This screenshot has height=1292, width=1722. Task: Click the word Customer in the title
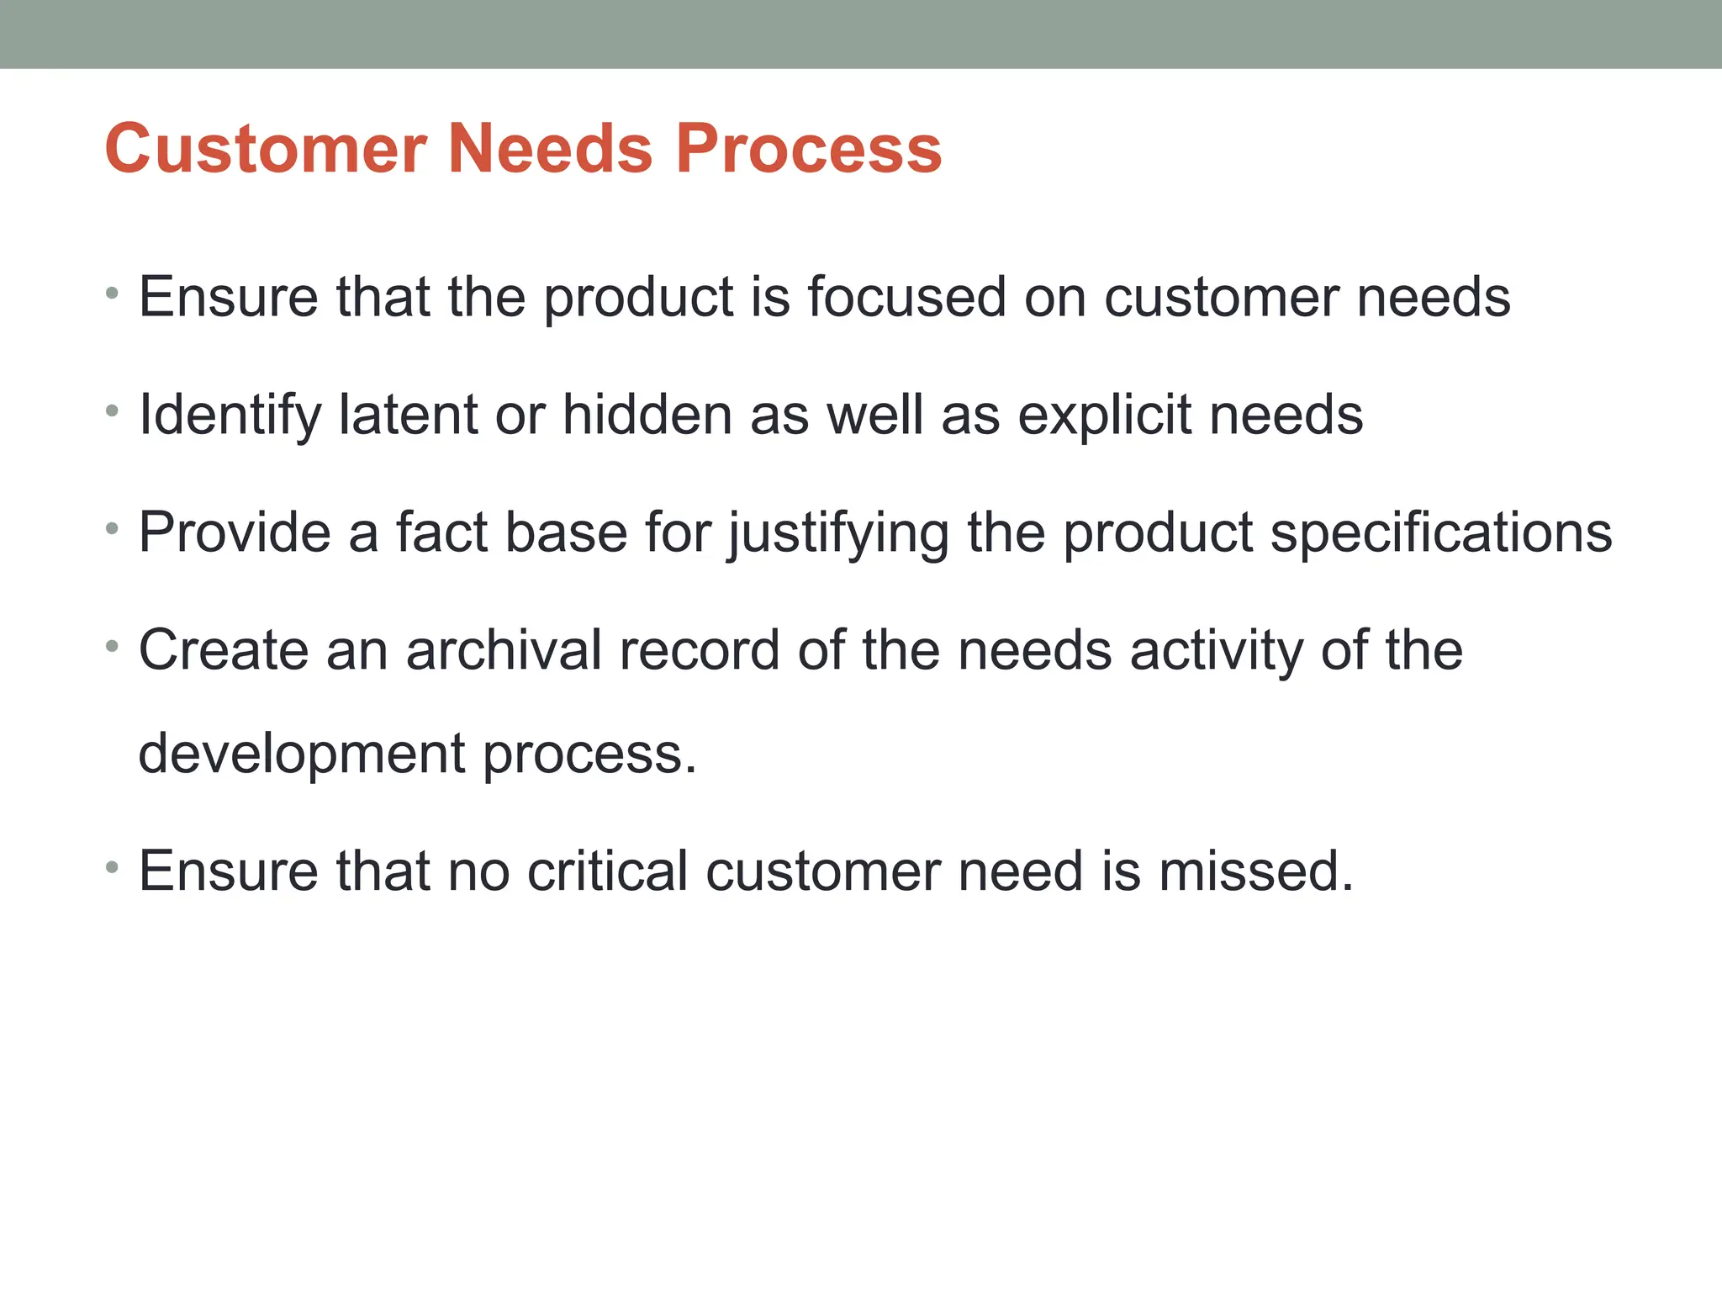point(266,149)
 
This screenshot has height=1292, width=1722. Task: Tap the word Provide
point(235,532)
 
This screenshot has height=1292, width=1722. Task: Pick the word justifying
point(838,534)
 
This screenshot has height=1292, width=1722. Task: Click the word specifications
point(1440,534)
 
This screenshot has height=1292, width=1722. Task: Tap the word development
point(301,755)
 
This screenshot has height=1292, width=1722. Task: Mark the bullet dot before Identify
point(113,411)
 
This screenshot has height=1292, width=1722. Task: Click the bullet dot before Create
point(113,647)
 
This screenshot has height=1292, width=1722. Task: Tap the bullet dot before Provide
point(113,529)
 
